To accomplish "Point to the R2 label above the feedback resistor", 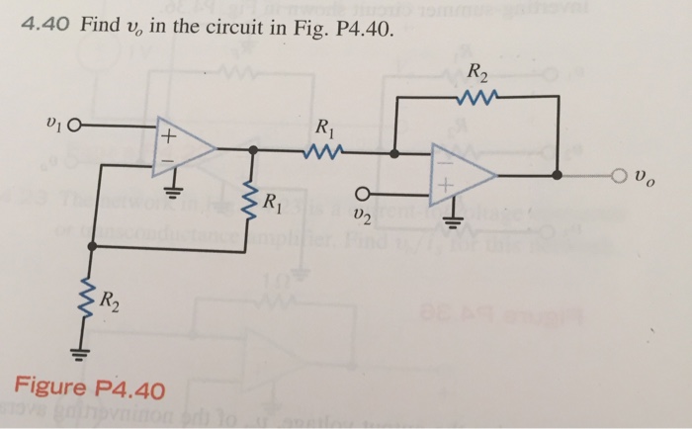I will [477, 72].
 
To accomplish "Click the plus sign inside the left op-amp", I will [168, 132].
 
